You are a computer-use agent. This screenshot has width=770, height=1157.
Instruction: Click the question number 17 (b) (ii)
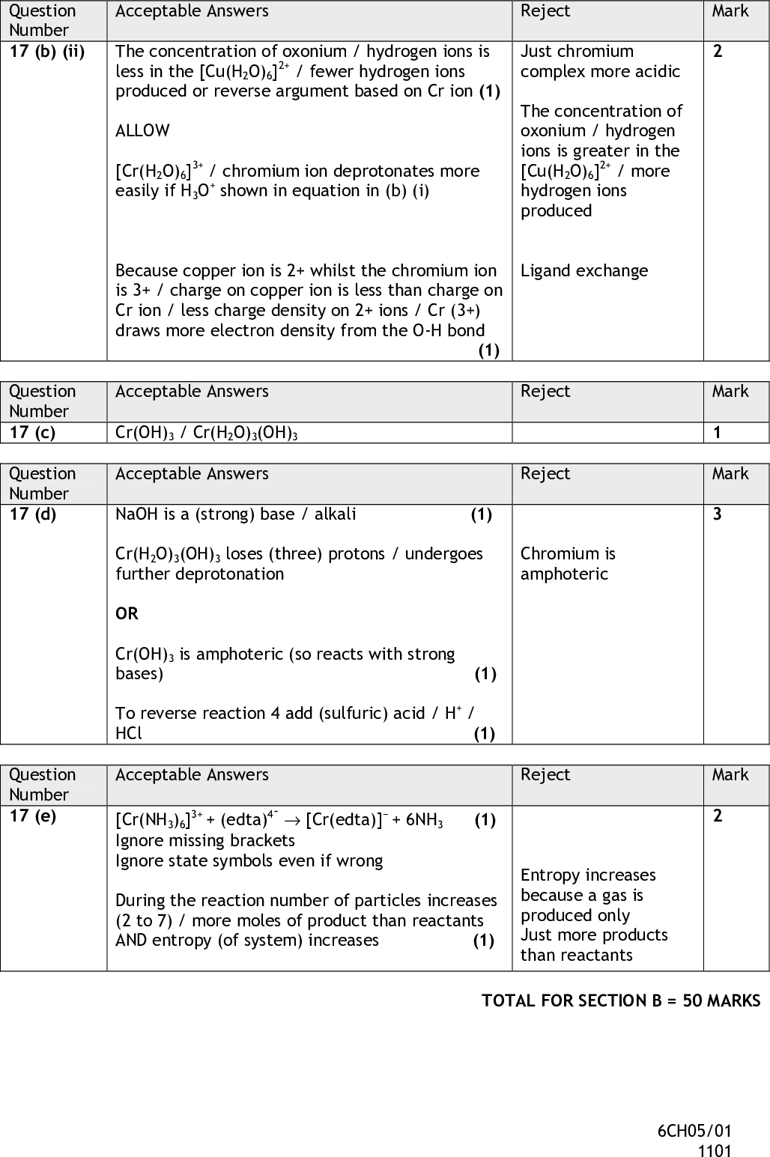tap(46, 52)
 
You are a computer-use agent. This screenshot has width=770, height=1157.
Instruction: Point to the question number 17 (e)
tap(33, 816)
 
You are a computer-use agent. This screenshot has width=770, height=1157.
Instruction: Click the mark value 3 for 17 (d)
tap(718, 514)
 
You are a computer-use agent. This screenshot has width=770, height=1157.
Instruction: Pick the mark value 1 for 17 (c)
tap(718, 433)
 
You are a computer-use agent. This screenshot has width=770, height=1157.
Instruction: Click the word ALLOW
tap(142, 131)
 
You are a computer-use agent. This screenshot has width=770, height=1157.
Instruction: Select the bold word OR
tap(127, 613)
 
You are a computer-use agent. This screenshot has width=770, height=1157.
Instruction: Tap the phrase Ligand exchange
tap(584, 271)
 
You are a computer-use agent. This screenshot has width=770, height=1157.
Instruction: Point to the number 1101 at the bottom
tap(715, 1151)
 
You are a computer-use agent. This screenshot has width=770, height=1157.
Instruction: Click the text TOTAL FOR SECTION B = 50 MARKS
tap(621, 1000)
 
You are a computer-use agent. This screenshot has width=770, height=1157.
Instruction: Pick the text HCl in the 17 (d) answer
tap(129, 733)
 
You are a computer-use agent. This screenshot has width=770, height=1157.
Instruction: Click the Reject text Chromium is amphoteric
tap(568, 564)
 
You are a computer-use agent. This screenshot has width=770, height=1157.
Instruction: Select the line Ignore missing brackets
tap(205, 840)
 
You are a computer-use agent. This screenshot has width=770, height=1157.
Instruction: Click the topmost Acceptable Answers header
tap(192, 11)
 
